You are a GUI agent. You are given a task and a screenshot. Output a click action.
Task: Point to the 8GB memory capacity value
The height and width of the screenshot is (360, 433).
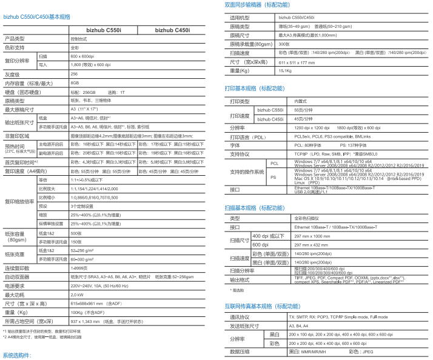pos(75,82)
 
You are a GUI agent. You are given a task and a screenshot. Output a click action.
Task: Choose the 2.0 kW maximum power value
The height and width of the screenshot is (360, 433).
pos(77,294)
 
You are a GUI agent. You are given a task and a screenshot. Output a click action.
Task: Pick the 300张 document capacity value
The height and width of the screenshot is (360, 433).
pos(284,44)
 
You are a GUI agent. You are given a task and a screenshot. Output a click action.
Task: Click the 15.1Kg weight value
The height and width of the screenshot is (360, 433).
pos(285,71)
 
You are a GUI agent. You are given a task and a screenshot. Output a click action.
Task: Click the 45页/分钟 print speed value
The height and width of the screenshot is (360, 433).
pos(301,119)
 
